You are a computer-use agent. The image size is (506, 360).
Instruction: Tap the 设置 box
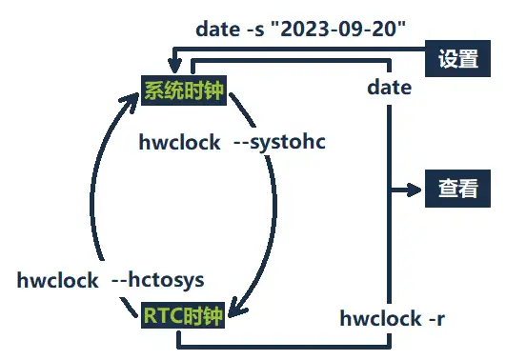(x=457, y=58)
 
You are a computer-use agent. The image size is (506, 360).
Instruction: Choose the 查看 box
(x=457, y=188)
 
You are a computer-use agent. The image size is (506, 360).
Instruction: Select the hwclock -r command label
(x=392, y=318)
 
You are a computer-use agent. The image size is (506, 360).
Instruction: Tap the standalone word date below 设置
(x=390, y=88)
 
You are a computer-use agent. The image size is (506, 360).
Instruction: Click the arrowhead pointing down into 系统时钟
(x=172, y=68)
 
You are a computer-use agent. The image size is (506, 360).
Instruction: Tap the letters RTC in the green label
(x=163, y=316)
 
